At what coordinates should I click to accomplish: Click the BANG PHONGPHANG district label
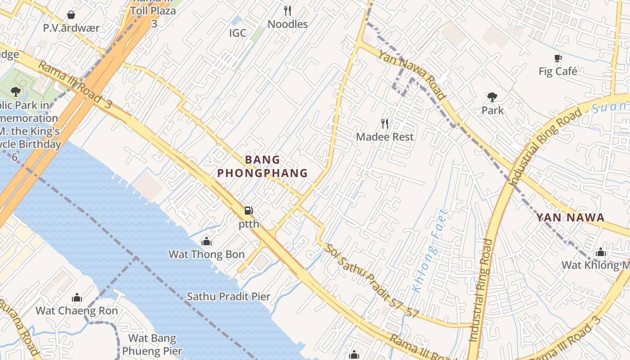click(x=263, y=166)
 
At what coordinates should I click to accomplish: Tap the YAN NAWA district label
click(x=570, y=218)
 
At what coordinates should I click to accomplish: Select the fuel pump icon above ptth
click(x=248, y=211)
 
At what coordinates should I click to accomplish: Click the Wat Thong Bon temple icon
click(x=207, y=242)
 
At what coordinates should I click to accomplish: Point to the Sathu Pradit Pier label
click(x=229, y=297)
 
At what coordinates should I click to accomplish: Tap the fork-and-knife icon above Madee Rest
click(x=385, y=124)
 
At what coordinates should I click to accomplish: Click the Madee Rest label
click(x=385, y=137)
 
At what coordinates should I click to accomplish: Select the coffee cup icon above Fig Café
click(x=558, y=58)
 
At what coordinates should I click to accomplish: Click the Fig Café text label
click(x=558, y=71)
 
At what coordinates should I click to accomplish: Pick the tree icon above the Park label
click(x=492, y=97)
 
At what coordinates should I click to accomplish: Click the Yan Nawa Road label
click(x=412, y=75)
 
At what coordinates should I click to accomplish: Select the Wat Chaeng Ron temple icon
click(x=77, y=298)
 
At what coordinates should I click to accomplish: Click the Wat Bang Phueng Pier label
click(x=152, y=345)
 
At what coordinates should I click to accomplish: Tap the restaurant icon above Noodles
click(x=288, y=11)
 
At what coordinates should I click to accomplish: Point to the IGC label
click(x=238, y=33)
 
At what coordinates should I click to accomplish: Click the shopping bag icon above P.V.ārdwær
click(x=71, y=15)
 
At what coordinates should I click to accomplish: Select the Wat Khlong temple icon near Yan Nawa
click(x=600, y=252)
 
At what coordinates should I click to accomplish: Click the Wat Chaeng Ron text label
click(x=77, y=310)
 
